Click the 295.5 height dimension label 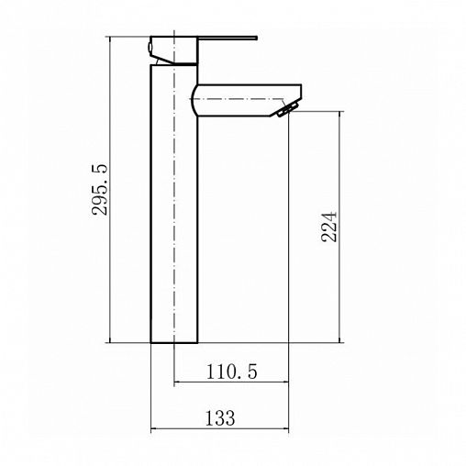(x=100, y=190)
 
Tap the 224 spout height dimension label (x=329, y=227)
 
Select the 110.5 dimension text (x=231, y=372)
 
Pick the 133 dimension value (x=220, y=417)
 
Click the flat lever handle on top (x=227, y=39)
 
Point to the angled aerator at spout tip (x=287, y=109)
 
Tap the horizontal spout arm (x=246, y=100)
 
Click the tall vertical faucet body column (x=174, y=204)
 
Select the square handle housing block (x=173, y=50)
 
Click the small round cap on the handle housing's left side (x=150, y=48)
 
